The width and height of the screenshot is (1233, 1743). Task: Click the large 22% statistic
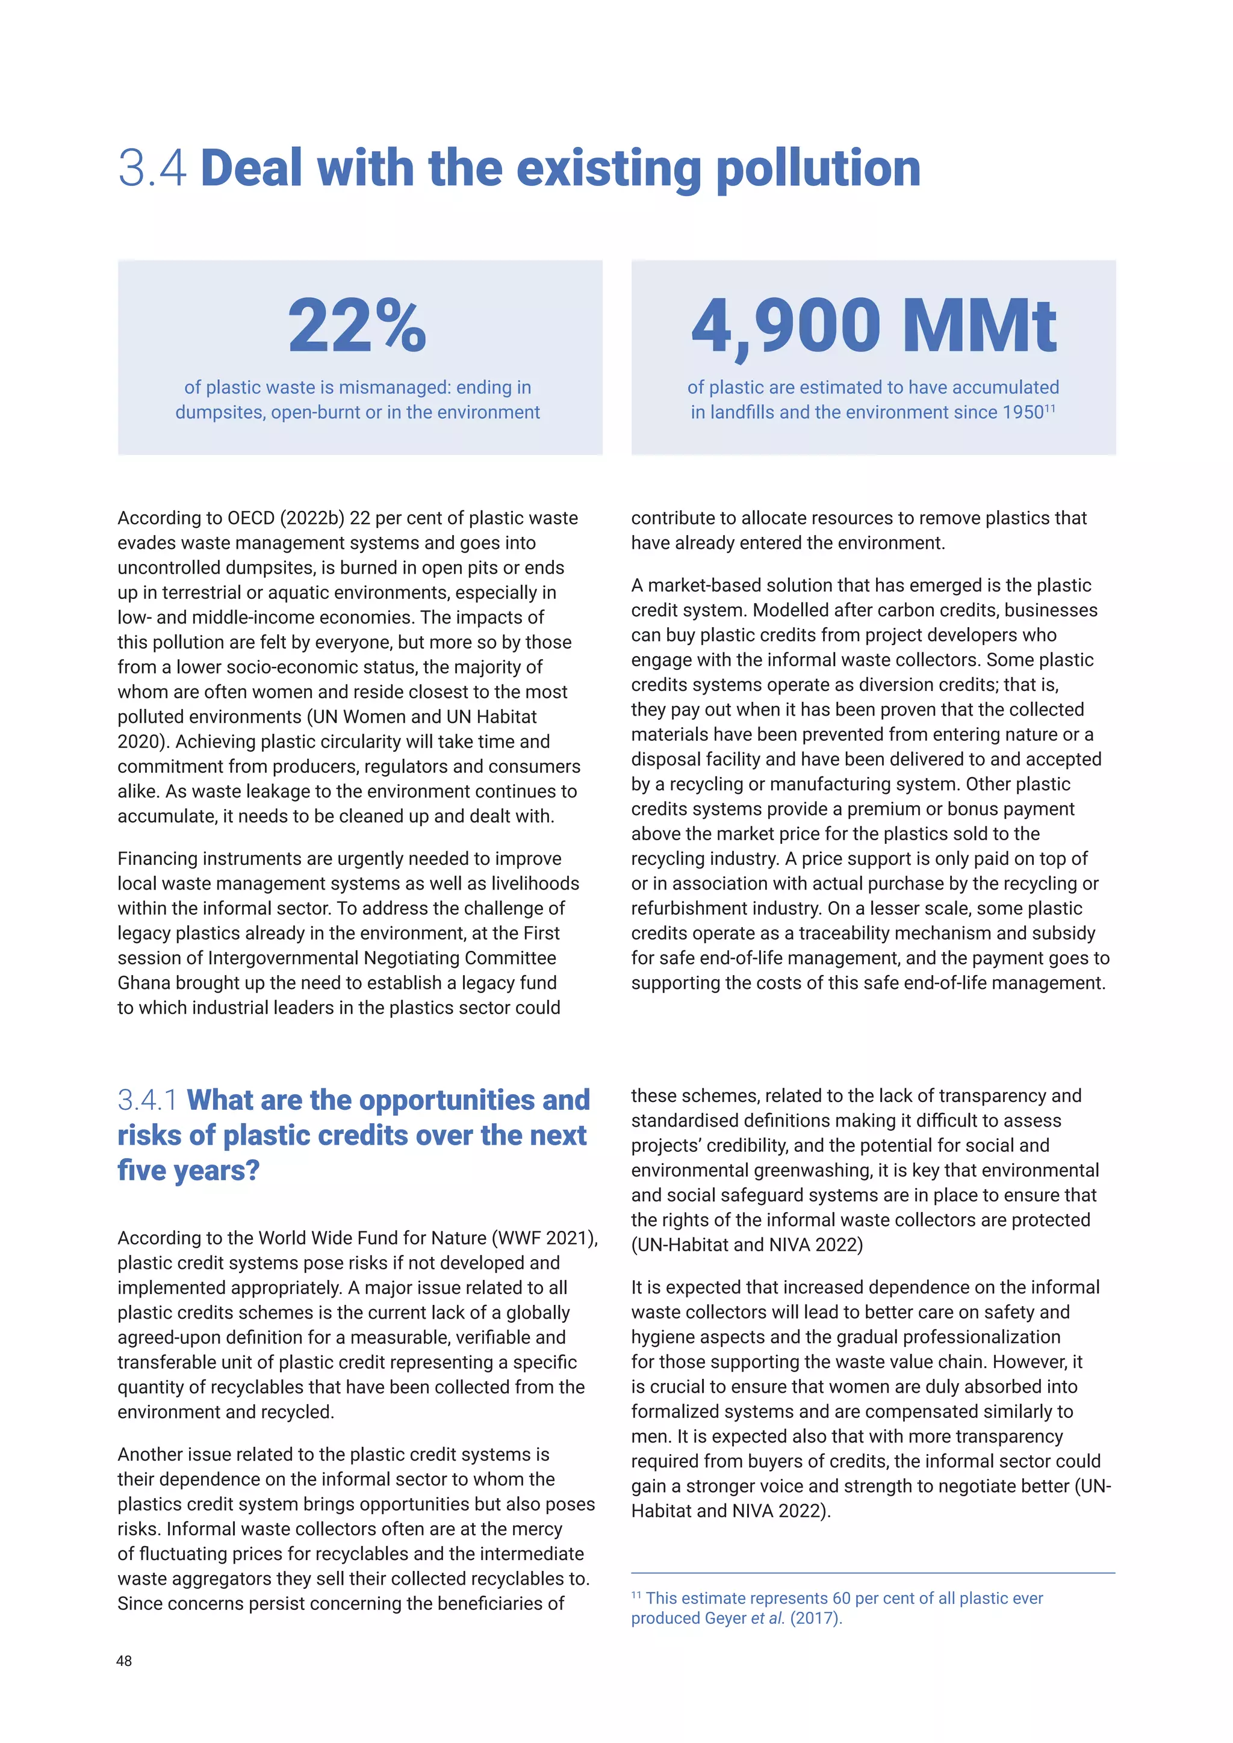tap(357, 326)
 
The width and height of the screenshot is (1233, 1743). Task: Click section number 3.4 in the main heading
tap(152, 168)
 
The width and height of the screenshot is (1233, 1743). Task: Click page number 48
tap(124, 1661)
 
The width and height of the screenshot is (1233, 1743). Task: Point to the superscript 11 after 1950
tap(1050, 409)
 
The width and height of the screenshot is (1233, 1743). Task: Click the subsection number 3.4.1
tap(148, 1100)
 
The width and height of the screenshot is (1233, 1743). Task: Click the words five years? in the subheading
tap(188, 1170)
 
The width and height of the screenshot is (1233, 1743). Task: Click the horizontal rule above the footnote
tap(873, 1573)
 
